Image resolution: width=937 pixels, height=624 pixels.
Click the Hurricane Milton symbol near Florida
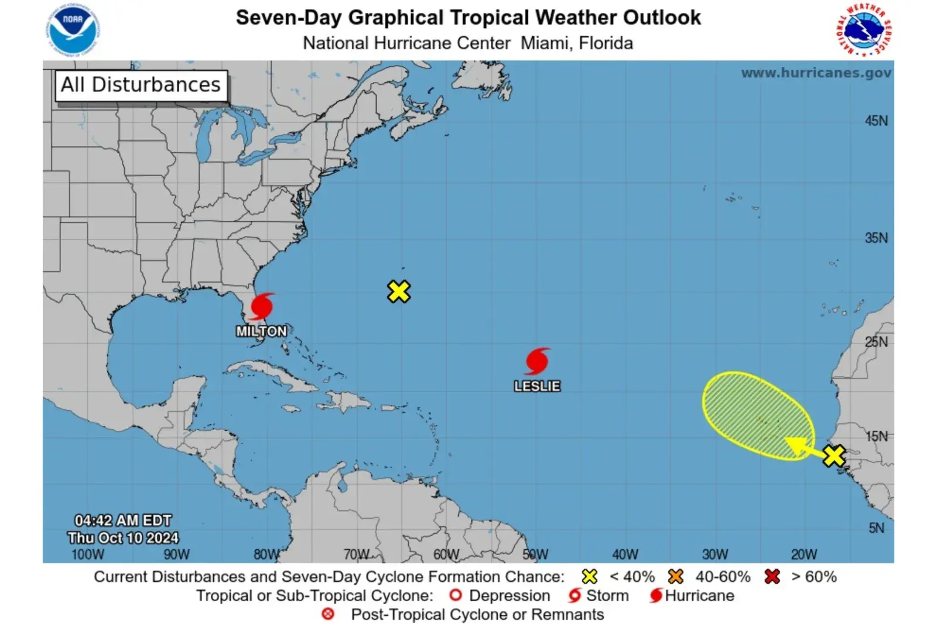click(x=261, y=306)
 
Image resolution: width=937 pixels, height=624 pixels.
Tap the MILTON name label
click(x=261, y=331)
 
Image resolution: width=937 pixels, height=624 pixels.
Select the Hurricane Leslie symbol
click(x=537, y=361)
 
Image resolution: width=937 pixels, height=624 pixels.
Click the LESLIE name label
click(x=537, y=386)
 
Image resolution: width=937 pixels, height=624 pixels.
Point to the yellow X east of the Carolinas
click(x=399, y=291)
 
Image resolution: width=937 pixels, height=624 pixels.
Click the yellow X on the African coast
click(x=833, y=455)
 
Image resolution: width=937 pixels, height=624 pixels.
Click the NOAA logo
click(x=73, y=30)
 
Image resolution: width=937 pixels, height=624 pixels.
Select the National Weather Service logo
click(x=864, y=30)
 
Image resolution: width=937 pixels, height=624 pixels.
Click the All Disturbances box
click(x=141, y=85)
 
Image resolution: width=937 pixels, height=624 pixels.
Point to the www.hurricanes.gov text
click(x=816, y=73)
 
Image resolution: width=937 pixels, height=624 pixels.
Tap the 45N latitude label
click(x=876, y=121)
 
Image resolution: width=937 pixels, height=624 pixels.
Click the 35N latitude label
click(x=876, y=238)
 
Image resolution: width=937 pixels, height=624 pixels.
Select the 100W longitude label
click(x=87, y=554)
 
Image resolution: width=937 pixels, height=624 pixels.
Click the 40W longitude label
click(x=625, y=554)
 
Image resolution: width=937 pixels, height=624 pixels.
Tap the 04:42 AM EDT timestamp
click(x=123, y=520)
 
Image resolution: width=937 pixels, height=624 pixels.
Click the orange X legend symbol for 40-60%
click(x=676, y=577)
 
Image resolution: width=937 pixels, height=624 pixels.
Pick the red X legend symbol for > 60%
click(x=772, y=577)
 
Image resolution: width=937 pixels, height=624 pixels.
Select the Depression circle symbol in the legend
click(x=456, y=595)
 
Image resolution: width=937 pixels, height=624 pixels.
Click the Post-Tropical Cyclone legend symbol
click(x=328, y=614)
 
